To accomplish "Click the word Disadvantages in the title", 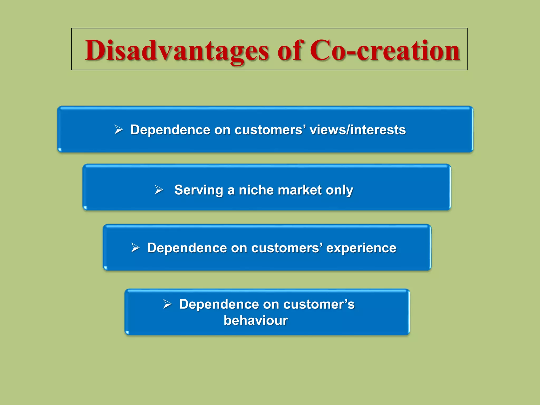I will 177,51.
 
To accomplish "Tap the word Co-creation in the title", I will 385,50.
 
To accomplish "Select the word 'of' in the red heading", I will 290,50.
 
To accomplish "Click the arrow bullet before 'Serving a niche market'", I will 159,190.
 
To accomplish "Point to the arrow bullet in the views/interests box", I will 119,130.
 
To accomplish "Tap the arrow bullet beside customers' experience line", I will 135,248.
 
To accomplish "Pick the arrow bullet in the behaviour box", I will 167,304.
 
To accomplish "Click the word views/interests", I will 358,130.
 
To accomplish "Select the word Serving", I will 199,190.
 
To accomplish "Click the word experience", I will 361,248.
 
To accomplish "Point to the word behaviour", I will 256,321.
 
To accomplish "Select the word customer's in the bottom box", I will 319,304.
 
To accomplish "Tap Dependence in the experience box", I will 187,248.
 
